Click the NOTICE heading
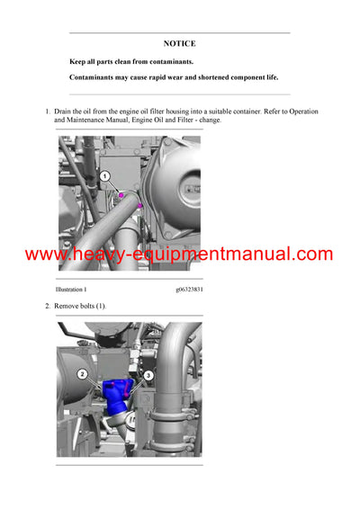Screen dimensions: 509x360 179,43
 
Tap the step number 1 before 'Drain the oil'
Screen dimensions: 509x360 47,112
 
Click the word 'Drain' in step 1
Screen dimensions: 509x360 64,112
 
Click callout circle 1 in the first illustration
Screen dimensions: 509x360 104,176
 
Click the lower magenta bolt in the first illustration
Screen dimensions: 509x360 140,207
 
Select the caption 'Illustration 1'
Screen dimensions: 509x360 71,290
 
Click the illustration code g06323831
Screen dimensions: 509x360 189,290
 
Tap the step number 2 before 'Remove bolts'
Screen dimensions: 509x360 47,307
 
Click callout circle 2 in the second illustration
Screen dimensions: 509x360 82,373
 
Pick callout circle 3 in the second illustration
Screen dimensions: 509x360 148,374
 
